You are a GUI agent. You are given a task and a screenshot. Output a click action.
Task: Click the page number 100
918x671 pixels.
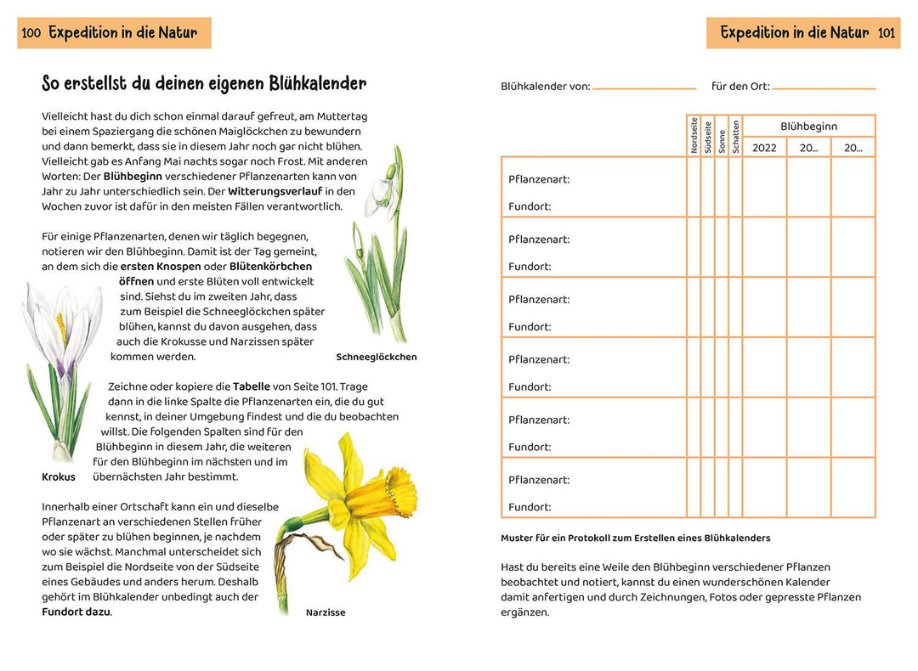pos(31,33)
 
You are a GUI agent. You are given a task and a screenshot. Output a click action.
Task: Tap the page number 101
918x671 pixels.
pos(887,33)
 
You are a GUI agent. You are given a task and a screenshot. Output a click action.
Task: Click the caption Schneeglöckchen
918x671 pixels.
pos(377,357)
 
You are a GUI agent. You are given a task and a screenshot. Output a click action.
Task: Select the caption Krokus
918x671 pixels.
pos(59,476)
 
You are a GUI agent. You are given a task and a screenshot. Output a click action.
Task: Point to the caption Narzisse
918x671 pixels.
pos(326,612)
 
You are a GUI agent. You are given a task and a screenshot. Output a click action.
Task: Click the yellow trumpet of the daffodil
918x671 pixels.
pos(393,492)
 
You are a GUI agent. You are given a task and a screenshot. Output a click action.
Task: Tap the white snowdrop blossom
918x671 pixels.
pos(382,191)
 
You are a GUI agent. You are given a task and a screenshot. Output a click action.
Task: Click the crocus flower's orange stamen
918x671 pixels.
pos(61,326)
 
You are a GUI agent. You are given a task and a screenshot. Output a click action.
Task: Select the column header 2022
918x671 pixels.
pos(764,148)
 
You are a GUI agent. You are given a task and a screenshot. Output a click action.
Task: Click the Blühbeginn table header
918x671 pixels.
pos(808,127)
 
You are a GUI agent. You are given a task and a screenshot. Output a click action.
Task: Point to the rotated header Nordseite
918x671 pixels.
pos(694,136)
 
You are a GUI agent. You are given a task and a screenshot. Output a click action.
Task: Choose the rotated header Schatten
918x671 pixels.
pos(735,136)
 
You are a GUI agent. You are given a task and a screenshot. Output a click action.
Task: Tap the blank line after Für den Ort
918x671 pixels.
pos(824,87)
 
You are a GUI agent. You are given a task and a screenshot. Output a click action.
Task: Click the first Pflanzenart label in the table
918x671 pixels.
pos(539,179)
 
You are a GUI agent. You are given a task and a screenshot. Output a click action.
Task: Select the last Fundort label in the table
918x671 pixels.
pos(530,507)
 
